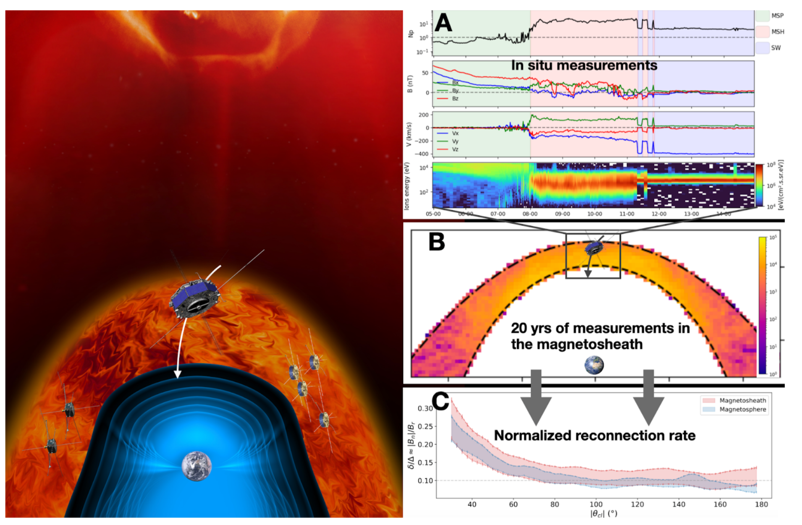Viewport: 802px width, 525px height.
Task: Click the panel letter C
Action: [x=440, y=401]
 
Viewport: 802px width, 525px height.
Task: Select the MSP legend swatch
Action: [x=762, y=16]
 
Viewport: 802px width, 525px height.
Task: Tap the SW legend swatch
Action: [x=762, y=48]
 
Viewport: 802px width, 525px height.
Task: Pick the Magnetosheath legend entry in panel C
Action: [x=742, y=400]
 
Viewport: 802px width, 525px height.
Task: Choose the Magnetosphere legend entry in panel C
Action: [x=742, y=409]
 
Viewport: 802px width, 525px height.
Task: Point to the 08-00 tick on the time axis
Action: [x=530, y=214]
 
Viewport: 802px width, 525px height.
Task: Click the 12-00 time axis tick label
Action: [x=659, y=214]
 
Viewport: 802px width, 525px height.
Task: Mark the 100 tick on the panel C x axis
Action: [x=596, y=504]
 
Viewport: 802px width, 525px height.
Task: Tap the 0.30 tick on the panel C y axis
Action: [x=425, y=408]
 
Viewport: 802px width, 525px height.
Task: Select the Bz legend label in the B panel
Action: [x=455, y=99]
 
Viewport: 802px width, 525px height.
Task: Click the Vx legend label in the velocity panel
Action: [x=455, y=133]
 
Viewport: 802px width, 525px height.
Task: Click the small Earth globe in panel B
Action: [x=594, y=365]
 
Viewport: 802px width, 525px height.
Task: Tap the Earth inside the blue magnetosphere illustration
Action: [x=197, y=466]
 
